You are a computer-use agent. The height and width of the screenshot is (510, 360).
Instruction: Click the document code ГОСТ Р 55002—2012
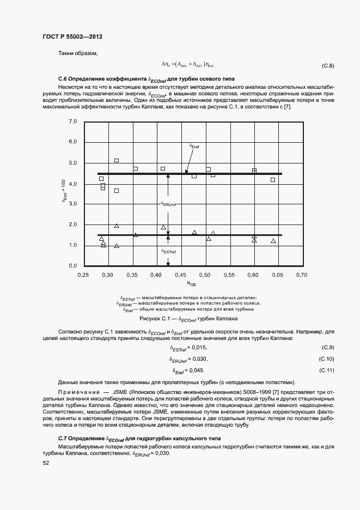(x=72, y=37)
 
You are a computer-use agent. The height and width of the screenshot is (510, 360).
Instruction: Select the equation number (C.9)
(x=328, y=348)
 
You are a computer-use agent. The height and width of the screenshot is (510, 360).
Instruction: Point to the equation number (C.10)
(x=327, y=359)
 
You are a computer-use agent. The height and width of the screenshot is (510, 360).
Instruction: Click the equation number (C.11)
(x=327, y=371)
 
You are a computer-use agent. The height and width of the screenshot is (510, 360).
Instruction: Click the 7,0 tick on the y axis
(x=73, y=122)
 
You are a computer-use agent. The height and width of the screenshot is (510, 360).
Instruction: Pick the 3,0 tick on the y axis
(x=73, y=204)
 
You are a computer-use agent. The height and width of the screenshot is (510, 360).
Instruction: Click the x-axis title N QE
(x=192, y=283)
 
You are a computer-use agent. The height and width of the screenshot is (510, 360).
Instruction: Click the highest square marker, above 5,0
(x=117, y=160)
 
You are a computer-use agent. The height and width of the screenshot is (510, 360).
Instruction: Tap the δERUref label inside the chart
(x=169, y=204)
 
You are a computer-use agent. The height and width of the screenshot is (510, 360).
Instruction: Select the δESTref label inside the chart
(x=169, y=251)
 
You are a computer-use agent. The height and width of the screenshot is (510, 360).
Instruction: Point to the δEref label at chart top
(x=194, y=146)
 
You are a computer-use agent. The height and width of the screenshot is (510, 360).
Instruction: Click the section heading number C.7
(x=64, y=439)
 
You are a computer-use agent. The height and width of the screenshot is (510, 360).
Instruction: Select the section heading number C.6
(x=64, y=78)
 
